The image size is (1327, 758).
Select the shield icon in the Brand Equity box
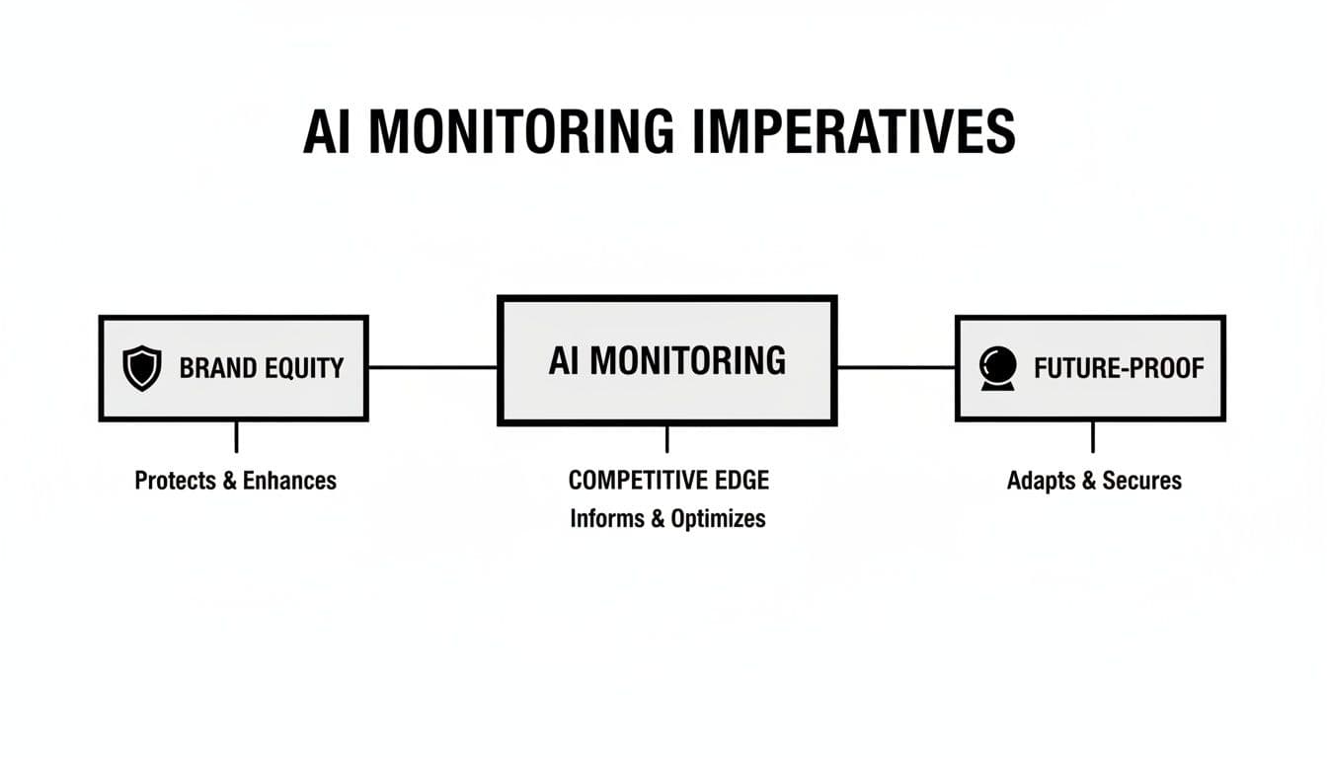coord(141,368)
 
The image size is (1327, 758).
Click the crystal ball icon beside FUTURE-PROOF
coord(997,369)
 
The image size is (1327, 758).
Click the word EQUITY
coord(304,369)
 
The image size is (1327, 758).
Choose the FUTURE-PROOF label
coord(1119,369)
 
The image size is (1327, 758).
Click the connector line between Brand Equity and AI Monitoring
coord(432,367)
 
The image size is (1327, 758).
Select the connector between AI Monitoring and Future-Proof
coord(896,367)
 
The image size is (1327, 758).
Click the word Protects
coord(174,481)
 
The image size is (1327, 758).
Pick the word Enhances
coord(289,481)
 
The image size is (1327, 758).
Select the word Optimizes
coord(718,519)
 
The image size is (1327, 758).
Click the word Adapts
coord(1041,481)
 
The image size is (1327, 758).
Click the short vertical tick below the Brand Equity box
coord(236,436)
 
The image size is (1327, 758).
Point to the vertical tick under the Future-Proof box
coord(1092,436)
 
